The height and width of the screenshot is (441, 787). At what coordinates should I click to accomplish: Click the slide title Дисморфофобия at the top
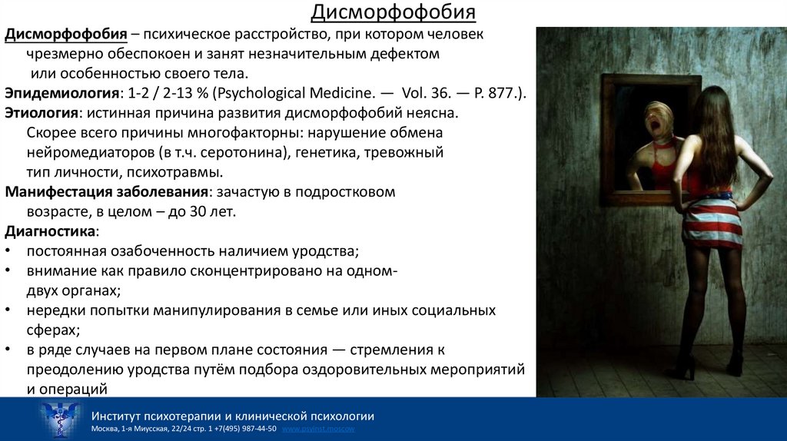393,13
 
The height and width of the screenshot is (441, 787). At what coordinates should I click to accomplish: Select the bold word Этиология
41,113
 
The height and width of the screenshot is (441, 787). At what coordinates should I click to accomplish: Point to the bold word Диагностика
51,231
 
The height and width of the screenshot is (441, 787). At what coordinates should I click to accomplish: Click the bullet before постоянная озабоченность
8,251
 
